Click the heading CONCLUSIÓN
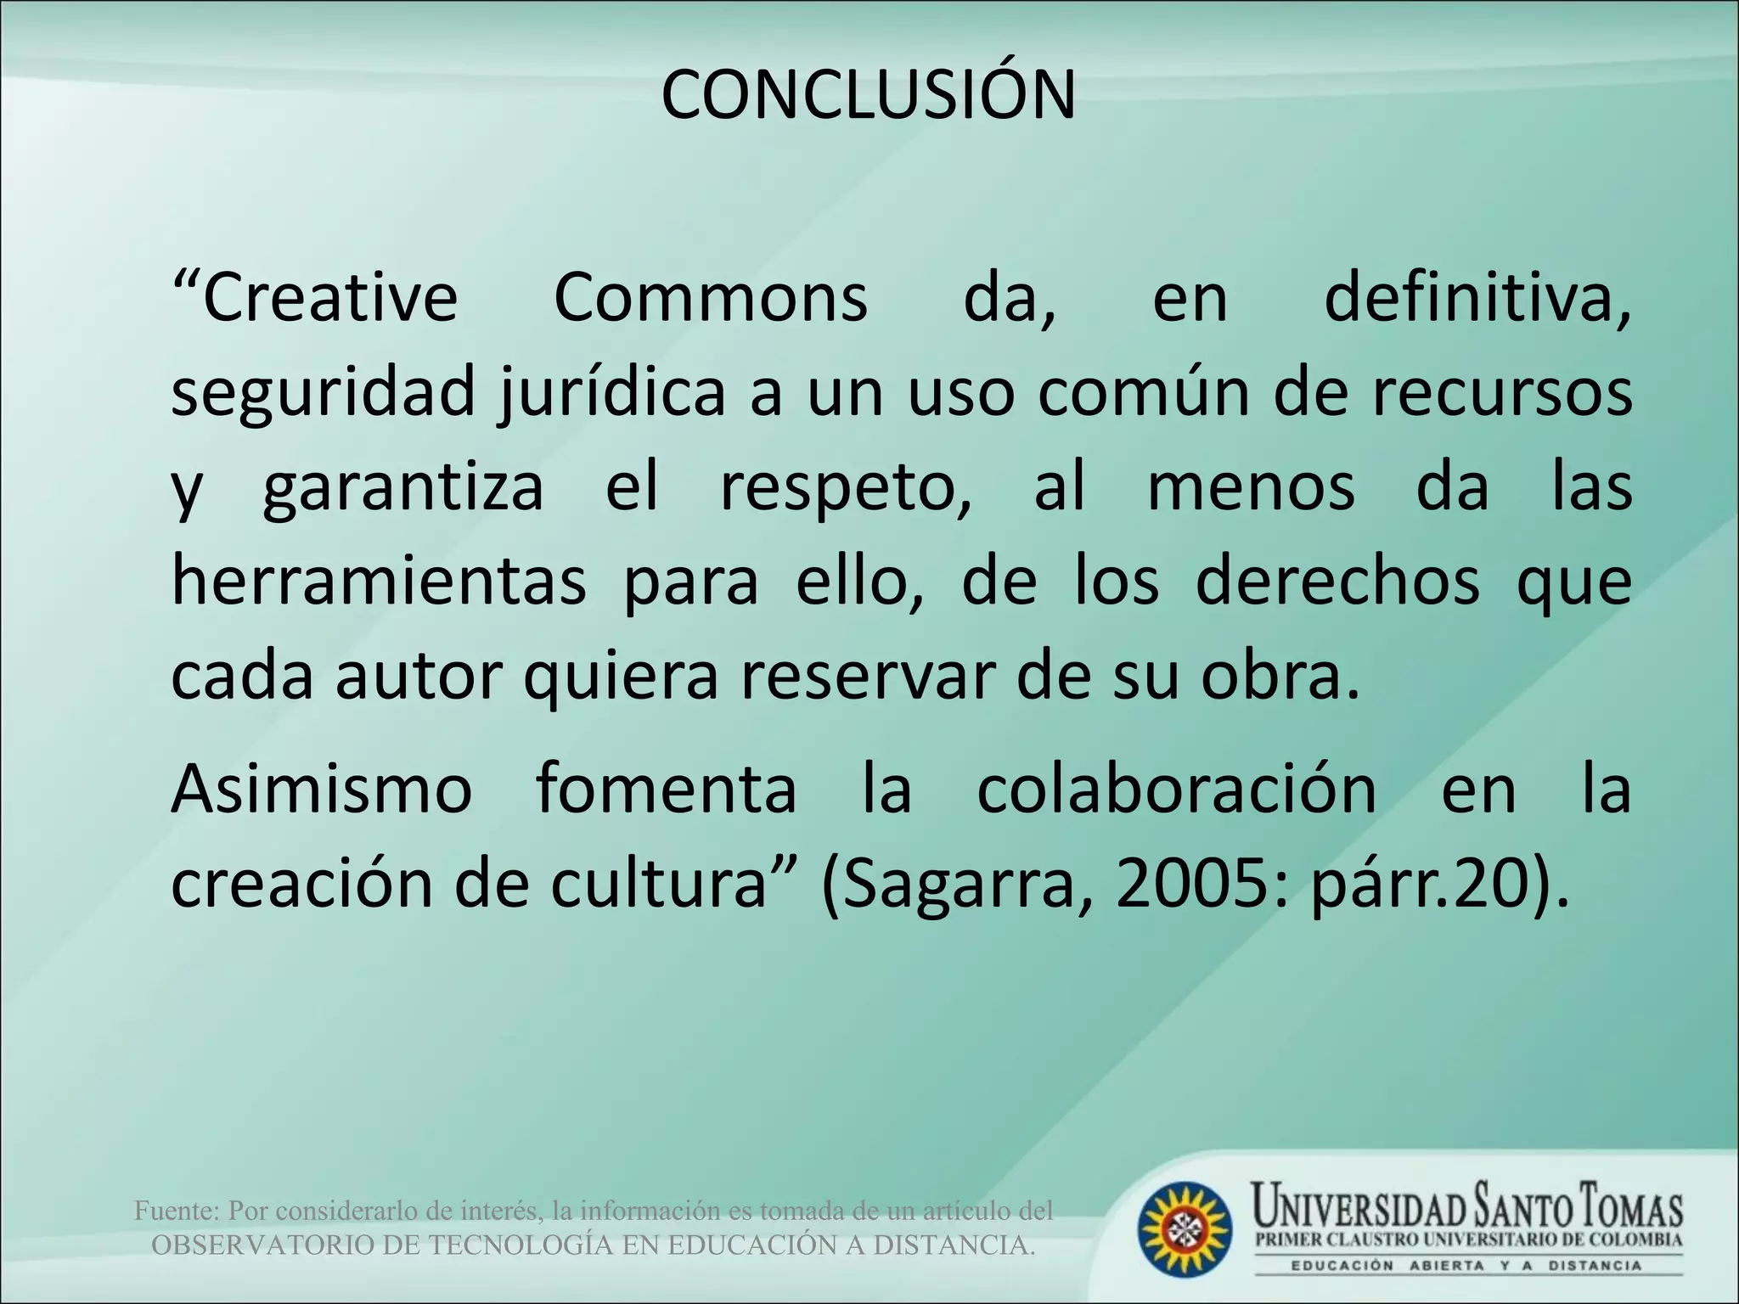(868, 95)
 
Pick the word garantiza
(402, 489)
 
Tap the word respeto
(845, 489)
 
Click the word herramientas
(379, 582)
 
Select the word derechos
(1337, 582)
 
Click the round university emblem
(1185, 1228)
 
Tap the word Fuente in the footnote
(177, 1211)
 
